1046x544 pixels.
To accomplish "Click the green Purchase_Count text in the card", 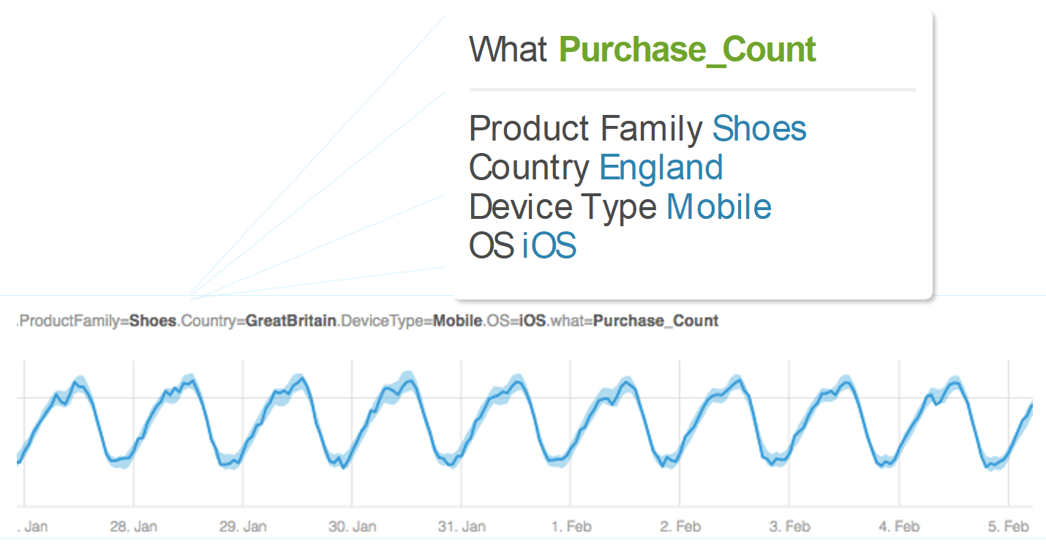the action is click(688, 50).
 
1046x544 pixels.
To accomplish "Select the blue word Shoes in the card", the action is click(759, 128).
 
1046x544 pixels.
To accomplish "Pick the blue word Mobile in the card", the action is click(719, 206).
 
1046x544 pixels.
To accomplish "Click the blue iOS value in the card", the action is click(549, 245).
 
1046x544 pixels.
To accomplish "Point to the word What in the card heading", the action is click(508, 49).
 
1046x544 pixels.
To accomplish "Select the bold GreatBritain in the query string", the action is click(291, 321).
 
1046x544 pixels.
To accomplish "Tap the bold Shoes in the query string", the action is click(153, 321).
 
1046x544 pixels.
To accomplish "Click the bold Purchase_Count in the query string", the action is click(655, 321).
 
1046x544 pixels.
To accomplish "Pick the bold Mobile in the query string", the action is click(458, 321).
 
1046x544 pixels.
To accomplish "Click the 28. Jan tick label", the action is click(134, 526).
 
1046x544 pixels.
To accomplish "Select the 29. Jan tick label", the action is click(243, 526).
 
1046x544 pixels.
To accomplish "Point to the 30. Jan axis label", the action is click(352, 526).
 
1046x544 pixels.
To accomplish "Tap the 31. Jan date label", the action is click(462, 526).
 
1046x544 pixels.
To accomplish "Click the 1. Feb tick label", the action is click(571, 526).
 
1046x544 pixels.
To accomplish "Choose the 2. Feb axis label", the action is click(680, 526).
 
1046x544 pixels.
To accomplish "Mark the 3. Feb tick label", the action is click(790, 526).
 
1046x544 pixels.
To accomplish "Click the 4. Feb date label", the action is click(899, 526).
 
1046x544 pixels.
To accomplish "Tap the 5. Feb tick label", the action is click(1008, 526).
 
